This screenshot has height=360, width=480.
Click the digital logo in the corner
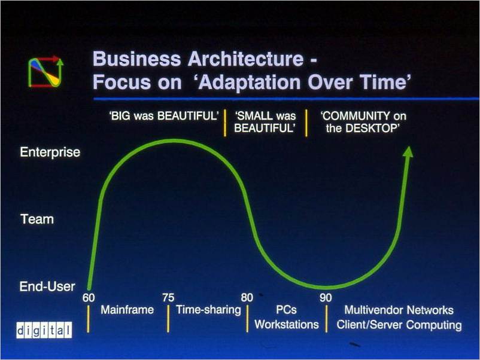pos(44,330)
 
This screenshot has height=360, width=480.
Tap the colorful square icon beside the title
pos(46,72)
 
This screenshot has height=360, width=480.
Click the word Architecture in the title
pos(245,59)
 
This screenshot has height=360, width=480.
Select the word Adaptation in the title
pos(250,83)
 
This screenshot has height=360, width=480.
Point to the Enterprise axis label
pos(50,152)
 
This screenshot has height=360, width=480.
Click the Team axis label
pos(37,219)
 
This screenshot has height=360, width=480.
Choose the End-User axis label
pos(47,286)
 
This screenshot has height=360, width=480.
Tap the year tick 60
pos(89,298)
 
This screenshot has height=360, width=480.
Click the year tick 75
pos(168,298)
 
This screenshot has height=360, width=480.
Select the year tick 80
pos(247,298)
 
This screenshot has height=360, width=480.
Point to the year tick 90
pos(326,298)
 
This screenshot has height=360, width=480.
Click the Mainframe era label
pos(127,310)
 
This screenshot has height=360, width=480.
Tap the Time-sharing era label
pos(208,310)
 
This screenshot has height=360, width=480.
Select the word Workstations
pos(287,324)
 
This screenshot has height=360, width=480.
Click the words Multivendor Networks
pos(399,310)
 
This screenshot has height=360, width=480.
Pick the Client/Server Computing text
pos(399,325)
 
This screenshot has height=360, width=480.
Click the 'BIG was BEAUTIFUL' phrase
pos(164,116)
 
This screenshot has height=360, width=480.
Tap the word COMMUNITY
pos(355,116)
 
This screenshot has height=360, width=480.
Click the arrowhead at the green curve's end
pos(408,152)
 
